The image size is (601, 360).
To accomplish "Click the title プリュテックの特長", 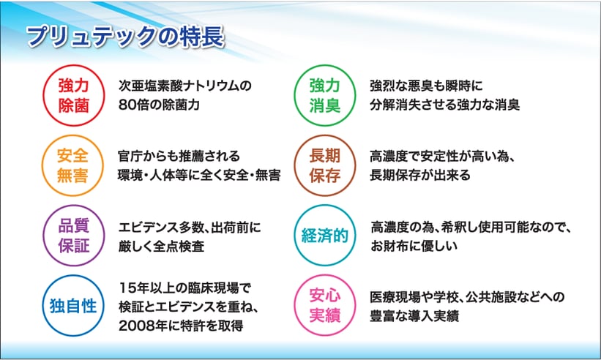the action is point(125,37).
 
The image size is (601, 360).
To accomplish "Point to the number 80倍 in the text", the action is point(133,105).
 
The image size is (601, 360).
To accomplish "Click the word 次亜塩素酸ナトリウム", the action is point(179,86).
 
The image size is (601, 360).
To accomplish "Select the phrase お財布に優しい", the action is point(414,246).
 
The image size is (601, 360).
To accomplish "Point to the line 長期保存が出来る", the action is point(419,176).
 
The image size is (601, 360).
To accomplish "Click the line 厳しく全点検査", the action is point(161,246).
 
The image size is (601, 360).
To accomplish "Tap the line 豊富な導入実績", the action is point(414,316).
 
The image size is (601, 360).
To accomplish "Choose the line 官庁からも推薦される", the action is point(179,157).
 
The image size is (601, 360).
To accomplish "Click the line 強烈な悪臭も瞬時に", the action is point(426,86).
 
